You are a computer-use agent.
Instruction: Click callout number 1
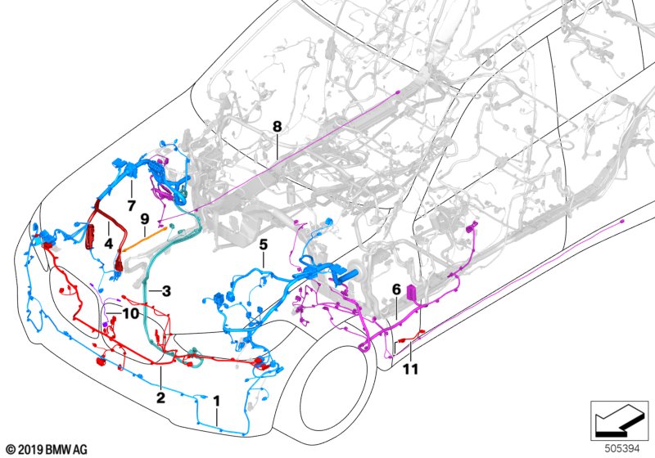[216, 402]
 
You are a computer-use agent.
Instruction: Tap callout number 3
[165, 290]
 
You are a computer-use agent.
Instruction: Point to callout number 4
[108, 243]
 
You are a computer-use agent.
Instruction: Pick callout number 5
[263, 244]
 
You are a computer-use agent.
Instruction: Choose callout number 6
[396, 290]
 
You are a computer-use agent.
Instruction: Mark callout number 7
[130, 203]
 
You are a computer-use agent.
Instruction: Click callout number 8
[277, 127]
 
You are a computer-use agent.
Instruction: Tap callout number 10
[131, 313]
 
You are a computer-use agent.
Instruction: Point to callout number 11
[410, 369]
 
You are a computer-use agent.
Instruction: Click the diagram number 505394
[624, 448]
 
